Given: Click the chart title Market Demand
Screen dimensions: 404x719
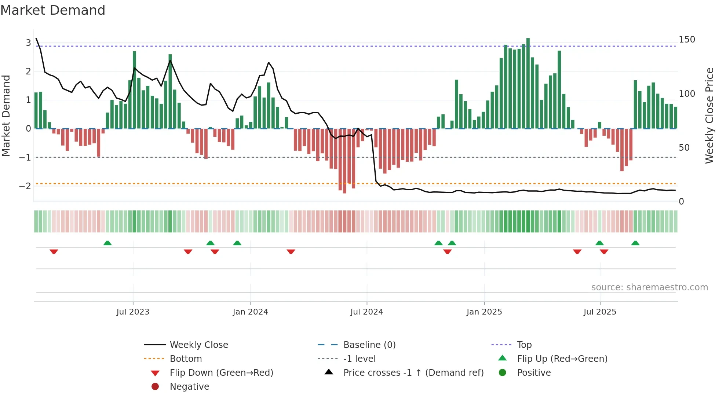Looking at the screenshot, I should tap(53, 10).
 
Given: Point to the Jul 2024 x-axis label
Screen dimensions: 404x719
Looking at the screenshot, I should tap(366, 312).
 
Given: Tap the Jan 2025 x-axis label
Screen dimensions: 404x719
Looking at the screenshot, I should tap(484, 312).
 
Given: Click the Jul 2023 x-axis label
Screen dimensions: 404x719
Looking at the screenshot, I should tap(133, 312).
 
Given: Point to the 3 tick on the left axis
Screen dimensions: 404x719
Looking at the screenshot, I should tap(28, 43).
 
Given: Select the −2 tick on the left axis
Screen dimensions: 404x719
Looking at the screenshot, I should tap(25, 186).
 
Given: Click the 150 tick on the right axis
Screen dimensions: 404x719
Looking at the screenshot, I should tap(687, 40).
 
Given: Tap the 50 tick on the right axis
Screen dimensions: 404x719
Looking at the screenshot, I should tap(684, 148).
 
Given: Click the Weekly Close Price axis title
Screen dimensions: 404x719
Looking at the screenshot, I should tap(709, 115).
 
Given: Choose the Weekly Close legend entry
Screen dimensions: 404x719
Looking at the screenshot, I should tap(198, 345).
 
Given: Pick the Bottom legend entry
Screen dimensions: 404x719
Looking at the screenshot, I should tap(186, 359).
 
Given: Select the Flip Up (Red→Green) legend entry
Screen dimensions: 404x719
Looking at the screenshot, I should tap(562, 359).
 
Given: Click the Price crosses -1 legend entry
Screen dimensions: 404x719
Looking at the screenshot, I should tap(413, 373).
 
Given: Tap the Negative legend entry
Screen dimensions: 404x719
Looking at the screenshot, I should tap(189, 387).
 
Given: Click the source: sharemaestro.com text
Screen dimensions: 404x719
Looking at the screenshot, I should tap(649, 287).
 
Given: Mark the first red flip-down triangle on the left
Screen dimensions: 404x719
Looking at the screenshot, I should tap(54, 251).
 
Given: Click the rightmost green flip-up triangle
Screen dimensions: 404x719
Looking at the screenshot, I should tap(635, 243).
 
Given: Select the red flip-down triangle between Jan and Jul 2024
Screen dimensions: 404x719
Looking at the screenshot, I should tap(291, 251).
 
